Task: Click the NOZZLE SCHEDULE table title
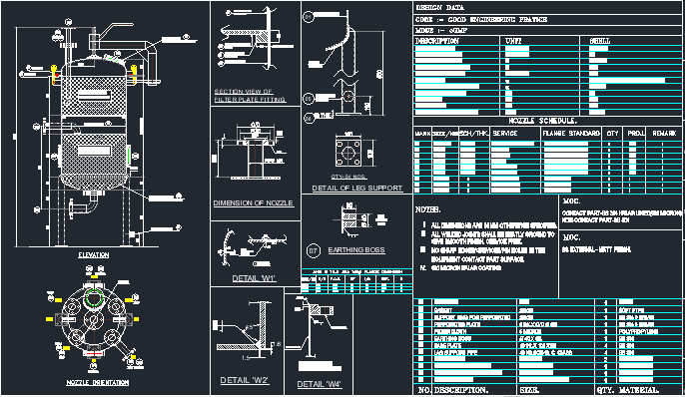tap(529, 121)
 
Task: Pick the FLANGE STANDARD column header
tap(571, 132)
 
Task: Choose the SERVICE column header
tap(505, 132)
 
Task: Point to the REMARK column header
tap(665, 132)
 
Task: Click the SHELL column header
tap(601, 41)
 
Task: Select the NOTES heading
tap(427, 209)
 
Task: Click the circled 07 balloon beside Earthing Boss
tap(312, 248)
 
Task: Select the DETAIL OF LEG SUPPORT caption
tap(356, 188)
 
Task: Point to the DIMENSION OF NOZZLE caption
tap(253, 202)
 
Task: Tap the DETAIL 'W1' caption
tap(253, 277)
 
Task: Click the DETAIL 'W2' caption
tap(245, 380)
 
